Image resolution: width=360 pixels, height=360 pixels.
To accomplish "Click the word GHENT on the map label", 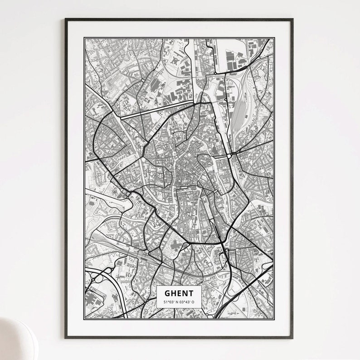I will (x=179, y=293).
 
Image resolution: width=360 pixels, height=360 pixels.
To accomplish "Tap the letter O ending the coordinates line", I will (x=193, y=302).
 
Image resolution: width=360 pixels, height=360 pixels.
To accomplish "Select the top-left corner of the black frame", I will (x=66, y=19).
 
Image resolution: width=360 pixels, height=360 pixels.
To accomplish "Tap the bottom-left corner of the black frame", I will (x=66, y=338).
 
